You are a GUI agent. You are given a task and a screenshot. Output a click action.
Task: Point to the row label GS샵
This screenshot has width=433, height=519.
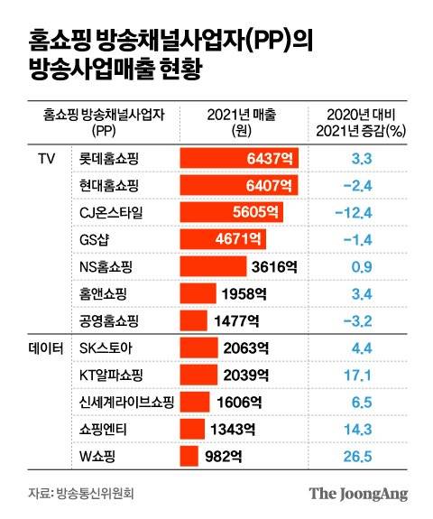pyautogui.click(x=95, y=239)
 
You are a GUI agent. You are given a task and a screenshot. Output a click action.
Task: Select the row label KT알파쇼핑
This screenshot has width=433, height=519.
pyautogui.click(x=112, y=375)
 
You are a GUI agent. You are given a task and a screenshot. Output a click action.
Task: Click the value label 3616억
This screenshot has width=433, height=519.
pyautogui.click(x=275, y=266)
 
